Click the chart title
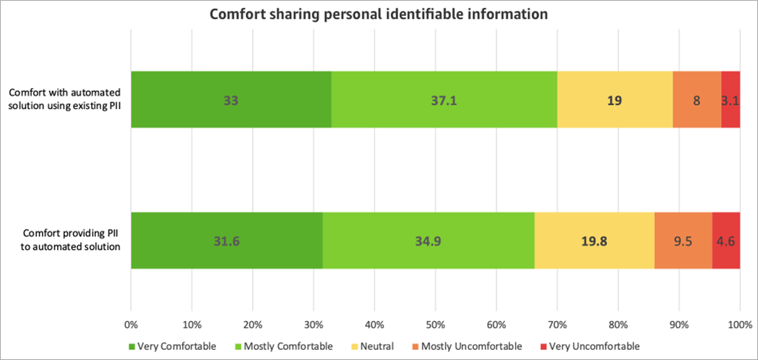(379, 14)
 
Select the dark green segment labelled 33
(231, 99)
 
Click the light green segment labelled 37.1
(444, 99)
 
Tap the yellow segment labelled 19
(614, 99)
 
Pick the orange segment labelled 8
(696, 99)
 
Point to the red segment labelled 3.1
(730, 99)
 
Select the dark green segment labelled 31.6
(226, 240)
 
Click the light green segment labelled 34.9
(428, 240)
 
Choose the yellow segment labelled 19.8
(594, 240)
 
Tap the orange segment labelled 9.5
(683, 240)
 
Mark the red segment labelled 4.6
(725, 240)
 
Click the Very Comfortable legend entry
(173, 346)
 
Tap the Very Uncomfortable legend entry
(590, 346)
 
